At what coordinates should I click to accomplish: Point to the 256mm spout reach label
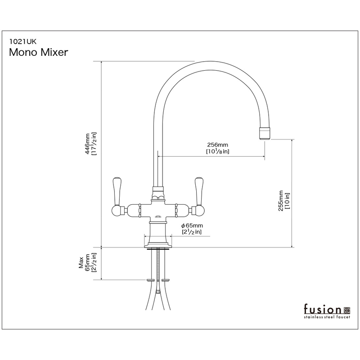[x=218, y=144]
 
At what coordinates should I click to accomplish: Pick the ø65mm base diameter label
[x=192, y=225]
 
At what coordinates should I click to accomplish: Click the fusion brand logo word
[x=322, y=310]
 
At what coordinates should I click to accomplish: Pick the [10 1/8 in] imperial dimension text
[x=218, y=152]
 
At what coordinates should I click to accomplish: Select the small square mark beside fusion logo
[x=346, y=310]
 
